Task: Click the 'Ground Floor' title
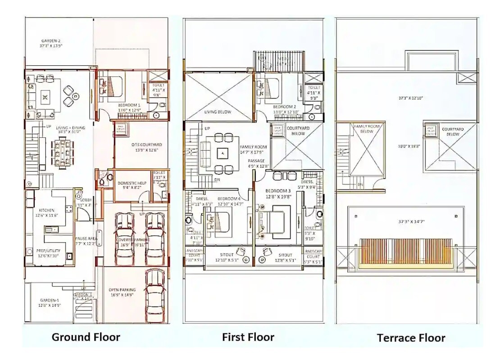click(x=86, y=337)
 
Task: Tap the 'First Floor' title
click(x=248, y=337)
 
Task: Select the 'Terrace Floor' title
click(x=411, y=337)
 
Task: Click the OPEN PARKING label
click(x=121, y=290)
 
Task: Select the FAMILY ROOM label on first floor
click(x=254, y=147)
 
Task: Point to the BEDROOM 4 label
click(x=229, y=198)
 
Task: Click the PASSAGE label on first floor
click(x=256, y=161)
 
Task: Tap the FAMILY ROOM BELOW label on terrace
click(x=367, y=129)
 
